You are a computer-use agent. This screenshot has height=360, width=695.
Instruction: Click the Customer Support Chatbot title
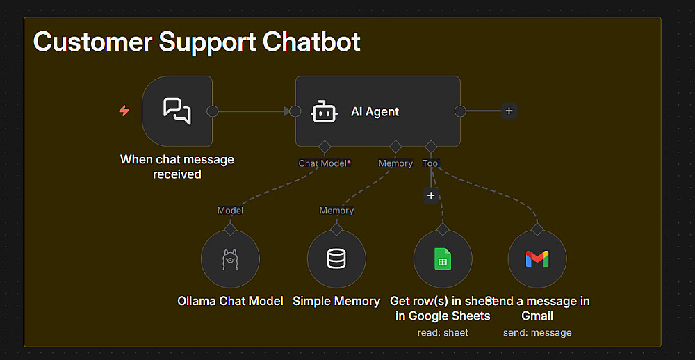click(197, 42)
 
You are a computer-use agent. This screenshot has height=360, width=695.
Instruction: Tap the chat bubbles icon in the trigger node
click(177, 111)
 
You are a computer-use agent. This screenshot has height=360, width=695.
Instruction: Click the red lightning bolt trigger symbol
click(124, 111)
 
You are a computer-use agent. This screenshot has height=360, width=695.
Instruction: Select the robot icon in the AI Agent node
click(324, 111)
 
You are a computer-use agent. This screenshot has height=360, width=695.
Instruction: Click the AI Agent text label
click(375, 111)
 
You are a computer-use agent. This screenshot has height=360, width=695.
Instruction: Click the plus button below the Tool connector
click(431, 196)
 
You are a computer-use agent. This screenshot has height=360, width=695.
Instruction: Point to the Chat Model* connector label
click(324, 163)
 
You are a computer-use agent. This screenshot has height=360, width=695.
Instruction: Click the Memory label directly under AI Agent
click(395, 163)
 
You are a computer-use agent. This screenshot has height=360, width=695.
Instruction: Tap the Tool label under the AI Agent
click(431, 163)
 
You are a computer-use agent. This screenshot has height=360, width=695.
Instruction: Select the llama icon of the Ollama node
click(230, 259)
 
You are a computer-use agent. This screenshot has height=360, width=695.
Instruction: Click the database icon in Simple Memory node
click(336, 259)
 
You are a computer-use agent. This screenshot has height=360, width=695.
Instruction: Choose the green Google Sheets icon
click(443, 259)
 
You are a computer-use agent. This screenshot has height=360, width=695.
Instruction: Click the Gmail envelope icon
click(537, 259)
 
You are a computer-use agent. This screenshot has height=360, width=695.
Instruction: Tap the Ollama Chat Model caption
click(230, 301)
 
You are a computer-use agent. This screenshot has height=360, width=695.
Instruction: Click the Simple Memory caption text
click(336, 301)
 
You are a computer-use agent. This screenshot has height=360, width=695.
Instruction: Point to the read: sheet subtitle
click(443, 332)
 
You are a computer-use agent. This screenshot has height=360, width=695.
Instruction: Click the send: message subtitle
click(537, 332)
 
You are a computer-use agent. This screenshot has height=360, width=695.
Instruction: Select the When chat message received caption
click(177, 167)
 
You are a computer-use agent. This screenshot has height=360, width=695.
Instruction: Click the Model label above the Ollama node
click(230, 210)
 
